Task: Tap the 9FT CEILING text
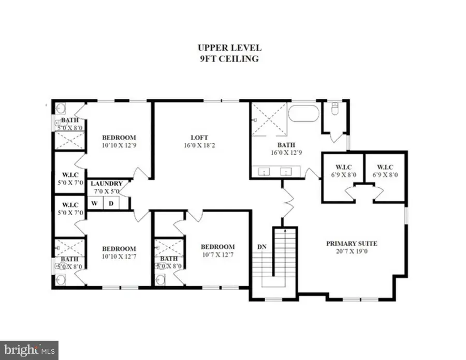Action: coord(229,58)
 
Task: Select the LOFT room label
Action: coord(199,138)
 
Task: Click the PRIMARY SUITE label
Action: coord(352,243)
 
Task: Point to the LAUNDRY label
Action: coord(107,184)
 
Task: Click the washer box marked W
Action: coord(95,203)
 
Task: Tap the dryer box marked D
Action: coord(111,203)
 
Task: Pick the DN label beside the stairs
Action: coord(263,247)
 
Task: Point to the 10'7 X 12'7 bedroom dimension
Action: coord(217,254)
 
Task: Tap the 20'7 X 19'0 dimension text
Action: coord(352,251)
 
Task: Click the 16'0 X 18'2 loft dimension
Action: coord(199,146)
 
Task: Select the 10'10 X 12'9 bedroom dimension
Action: coord(119,146)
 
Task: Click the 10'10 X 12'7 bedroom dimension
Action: coord(119,257)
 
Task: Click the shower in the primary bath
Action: coord(269,119)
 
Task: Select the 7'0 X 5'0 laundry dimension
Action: coord(107,191)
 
